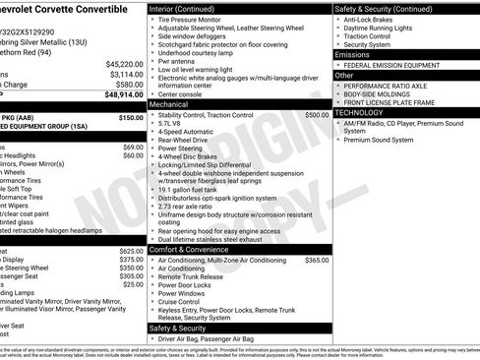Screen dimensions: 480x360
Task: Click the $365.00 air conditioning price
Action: (317, 260)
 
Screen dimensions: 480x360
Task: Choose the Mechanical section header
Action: (168, 103)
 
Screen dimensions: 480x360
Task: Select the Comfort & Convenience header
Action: (190, 248)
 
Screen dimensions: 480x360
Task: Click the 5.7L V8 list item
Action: (173, 126)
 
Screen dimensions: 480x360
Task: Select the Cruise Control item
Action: (184, 302)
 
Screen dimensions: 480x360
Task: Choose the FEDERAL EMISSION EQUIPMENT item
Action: (392, 65)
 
